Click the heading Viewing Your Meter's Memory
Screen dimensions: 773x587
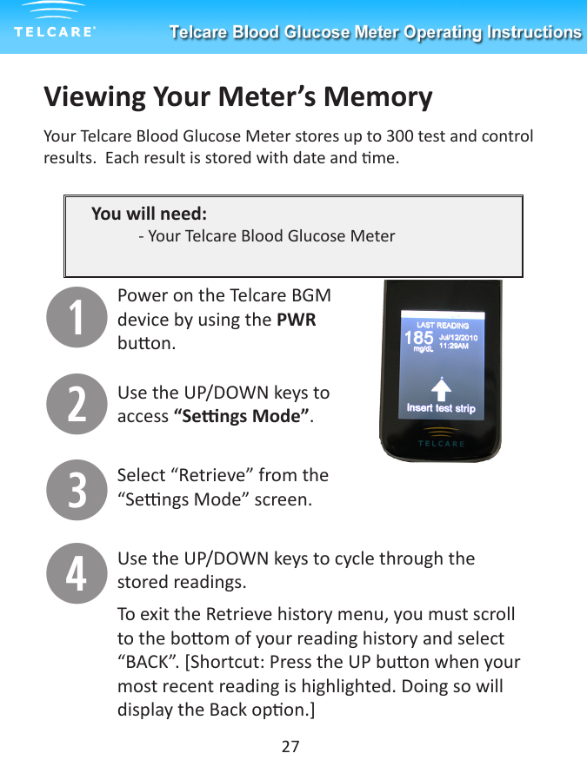coord(237,96)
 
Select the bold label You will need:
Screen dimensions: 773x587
coord(149,214)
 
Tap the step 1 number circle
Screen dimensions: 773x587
coord(77,317)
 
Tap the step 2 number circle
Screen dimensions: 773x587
coord(77,404)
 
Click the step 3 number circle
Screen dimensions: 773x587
coord(77,489)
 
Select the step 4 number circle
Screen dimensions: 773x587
coord(77,573)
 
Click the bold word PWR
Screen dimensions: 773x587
coord(296,320)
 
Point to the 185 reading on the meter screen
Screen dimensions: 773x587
coord(418,337)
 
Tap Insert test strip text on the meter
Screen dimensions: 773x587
coord(441,408)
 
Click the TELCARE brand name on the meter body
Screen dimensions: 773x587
coord(441,444)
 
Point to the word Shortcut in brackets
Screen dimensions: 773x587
coord(213,663)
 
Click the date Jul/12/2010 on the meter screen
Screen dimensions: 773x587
coord(458,335)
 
